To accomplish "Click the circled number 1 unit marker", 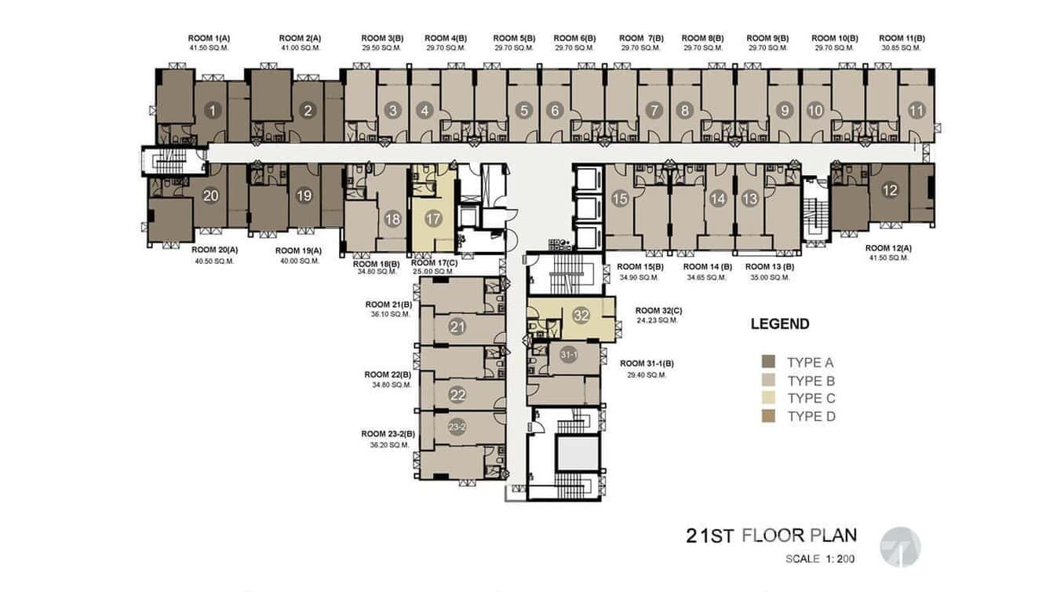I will (x=212, y=111).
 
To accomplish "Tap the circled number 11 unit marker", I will (x=916, y=111).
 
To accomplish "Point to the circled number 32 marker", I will (x=581, y=316).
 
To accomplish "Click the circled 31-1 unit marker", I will (x=569, y=356).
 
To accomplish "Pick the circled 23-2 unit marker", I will (x=457, y=427).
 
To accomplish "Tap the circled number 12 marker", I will (x=890, y=189).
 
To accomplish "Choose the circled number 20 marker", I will (x=210, y=196).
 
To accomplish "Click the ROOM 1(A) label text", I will (x=209, y=38).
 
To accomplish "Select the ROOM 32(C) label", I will (x=658, y=310).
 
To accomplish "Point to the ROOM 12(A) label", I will (x=889, y=248).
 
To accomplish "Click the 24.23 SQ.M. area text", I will (x=658, y=320).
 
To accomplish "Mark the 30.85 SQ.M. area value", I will (x=902, y=48).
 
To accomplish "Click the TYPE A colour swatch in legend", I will (x=768, y=362).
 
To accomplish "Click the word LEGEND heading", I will (x=779, y=323).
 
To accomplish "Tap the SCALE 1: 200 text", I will (x=820, y=560).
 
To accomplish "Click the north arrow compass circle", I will (x=900, y=546).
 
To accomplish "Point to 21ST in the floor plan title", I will (x=709, y=536).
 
